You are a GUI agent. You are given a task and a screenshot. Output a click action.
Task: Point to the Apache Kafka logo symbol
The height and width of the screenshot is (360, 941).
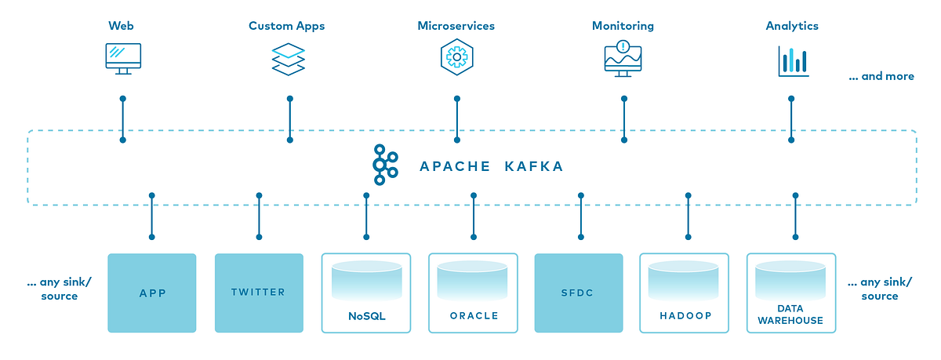(383, 165)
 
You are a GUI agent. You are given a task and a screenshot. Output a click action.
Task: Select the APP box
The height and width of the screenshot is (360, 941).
(151, 293)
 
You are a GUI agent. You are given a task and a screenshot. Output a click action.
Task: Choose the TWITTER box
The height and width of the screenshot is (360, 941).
(258, 293)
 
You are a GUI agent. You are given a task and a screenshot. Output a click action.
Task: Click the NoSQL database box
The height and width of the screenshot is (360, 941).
(366, 293)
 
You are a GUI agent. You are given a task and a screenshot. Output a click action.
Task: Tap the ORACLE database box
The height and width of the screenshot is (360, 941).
(473, 293)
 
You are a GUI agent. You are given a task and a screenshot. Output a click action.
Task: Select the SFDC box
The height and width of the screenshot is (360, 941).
(579, 293)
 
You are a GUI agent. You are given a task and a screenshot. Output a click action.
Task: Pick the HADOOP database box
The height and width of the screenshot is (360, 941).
(686, 293)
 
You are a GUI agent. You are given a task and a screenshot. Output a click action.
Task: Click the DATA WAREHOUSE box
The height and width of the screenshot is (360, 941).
(790, 293)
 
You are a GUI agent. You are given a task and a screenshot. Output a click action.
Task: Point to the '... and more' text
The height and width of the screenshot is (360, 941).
(881, 77)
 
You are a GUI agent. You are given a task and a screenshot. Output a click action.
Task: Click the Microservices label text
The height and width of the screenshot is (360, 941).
(456, 26)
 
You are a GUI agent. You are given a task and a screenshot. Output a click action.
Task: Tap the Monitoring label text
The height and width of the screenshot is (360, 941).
(623, 26)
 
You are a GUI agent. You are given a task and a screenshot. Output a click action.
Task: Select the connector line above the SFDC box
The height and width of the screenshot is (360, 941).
(581, 216)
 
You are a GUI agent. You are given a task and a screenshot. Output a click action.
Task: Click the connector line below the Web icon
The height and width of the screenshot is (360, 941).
(122, 119)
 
